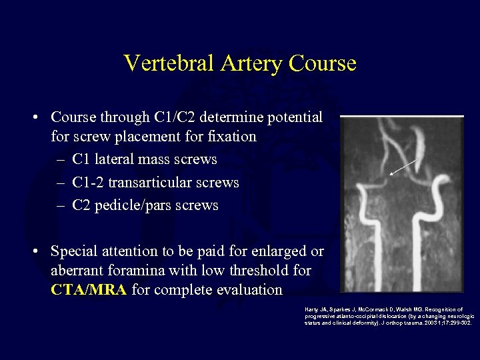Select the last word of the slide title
[324, 63]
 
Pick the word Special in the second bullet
[74, 251]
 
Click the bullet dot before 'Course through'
[33, 118]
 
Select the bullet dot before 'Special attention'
[33, 252]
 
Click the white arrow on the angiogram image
[405, 167]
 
